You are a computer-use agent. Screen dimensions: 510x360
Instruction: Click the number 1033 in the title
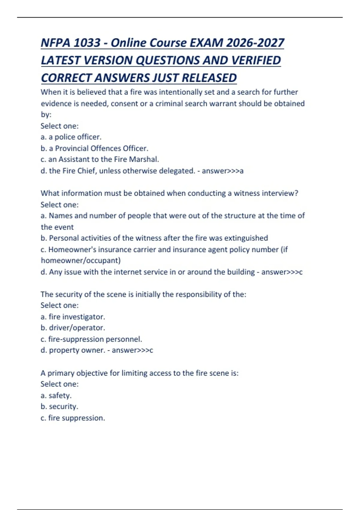click(x=87, y=43)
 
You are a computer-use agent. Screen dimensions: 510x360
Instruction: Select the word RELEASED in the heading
click(x=209, y=78)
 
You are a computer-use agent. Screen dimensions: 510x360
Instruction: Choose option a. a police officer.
click(x=71, y=137)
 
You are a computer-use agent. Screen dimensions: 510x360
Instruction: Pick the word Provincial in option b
click(x=72, y=148)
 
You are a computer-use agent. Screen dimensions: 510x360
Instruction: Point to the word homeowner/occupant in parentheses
click(x=80, y=260)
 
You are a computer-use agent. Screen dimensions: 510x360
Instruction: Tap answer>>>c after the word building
click(x=282, y=272)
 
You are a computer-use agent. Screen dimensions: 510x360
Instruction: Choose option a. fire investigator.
click(x=73, y=317)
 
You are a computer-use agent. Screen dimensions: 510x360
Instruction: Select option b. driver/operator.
click(x=73, y=328)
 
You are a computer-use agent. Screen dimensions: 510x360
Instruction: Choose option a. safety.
click(x=56, y=396)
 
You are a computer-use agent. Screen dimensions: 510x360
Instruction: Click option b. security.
click(x=59, y=407)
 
